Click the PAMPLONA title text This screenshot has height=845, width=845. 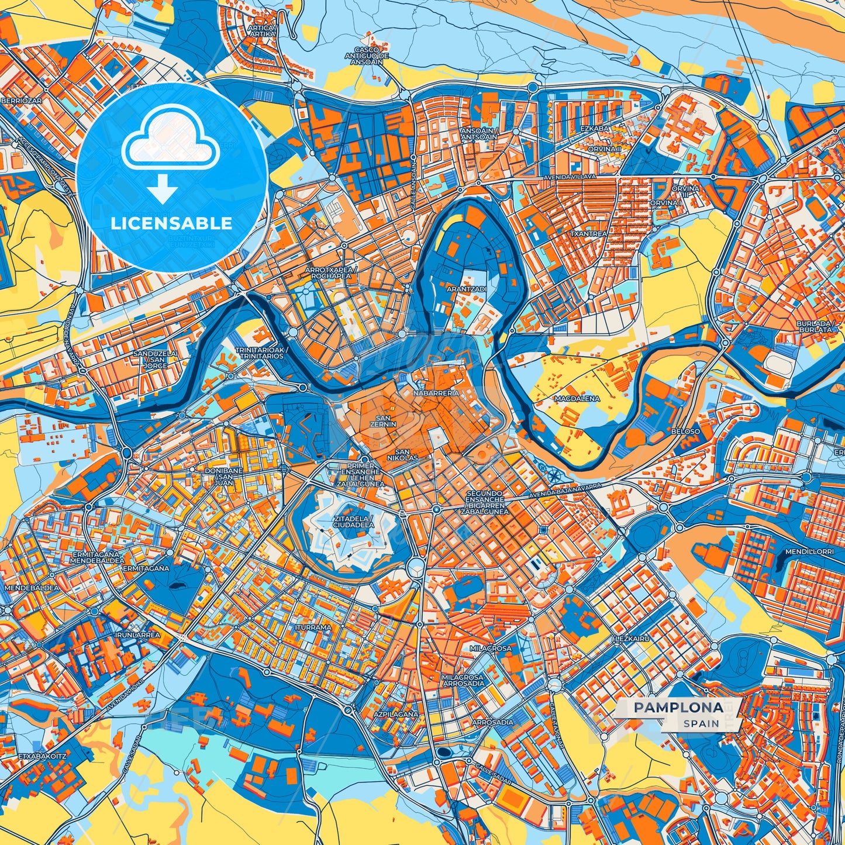pyautogui.click(x=678, y=707)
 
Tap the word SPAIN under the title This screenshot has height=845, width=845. pyautogui.click(x=701, y=723)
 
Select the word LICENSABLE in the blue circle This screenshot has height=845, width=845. pyautogui.click(x=171, y=223)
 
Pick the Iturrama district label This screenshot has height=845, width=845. pyautogui.click(x=313, y=627)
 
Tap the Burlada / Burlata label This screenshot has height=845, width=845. pyautogui.click(x=814, y=326)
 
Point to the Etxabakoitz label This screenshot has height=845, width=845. pyautogui.click(x=42, y=756)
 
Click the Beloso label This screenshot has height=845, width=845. pyautogui.click(x=685, y=431)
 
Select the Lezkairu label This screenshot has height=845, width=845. pyautogui.click(x=632, y=639)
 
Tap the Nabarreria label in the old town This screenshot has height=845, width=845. pyautogui.click(x=436, y=394)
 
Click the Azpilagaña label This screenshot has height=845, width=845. pyautogui.click(x=397, y=715)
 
